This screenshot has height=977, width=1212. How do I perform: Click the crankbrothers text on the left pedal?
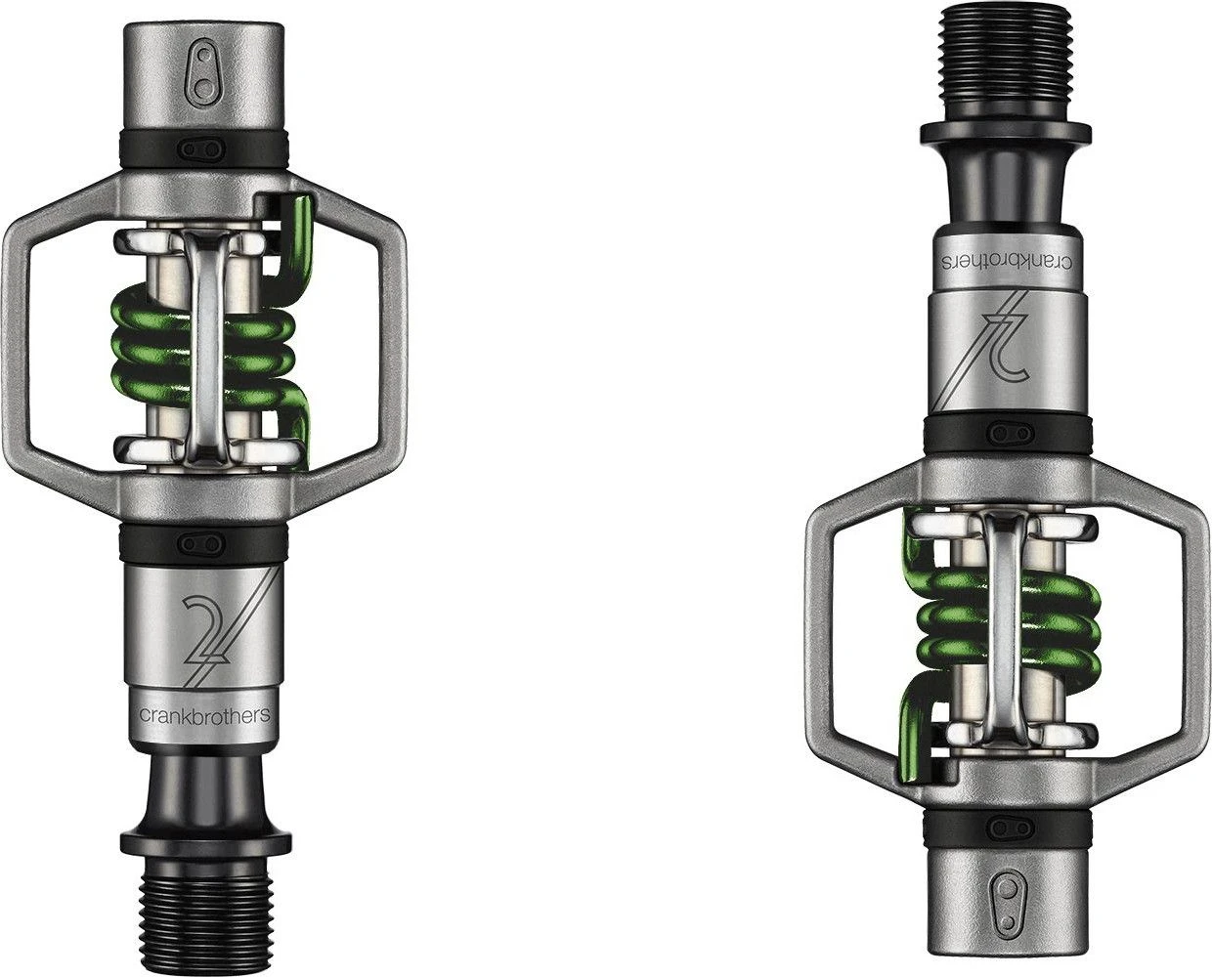pyautogui.click(x=204, y=712)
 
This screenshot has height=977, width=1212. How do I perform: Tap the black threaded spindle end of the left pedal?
pyautogui.click(x=204, y=905)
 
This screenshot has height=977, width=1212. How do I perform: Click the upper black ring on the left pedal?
pyautogui.click(x=204, y=148)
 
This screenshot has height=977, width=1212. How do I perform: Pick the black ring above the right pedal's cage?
pyautogui.click(x=1007, y=434)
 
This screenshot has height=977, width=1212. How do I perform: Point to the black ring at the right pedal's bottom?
pyautogui.click(x=1007, y=828)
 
